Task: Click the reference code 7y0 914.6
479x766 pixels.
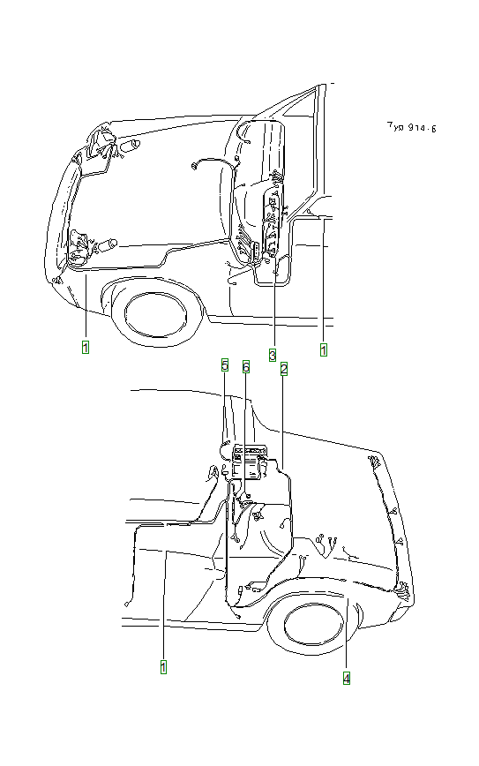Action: pyautogui.click(x=411, y=127)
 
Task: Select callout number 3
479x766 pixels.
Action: pyautogui.click(x=273, y=349)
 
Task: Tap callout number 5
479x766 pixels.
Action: pyautogui.click(x=225, y=364)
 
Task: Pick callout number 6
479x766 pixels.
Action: pyautogui.click(x=246, y=364)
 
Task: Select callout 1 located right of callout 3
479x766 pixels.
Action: pyautogui.click(x=324, y=349)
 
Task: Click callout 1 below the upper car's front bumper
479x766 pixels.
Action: pyautogui.click(x=86, y=347)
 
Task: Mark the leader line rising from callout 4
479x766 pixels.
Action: pyautogui.click(x=347, y=635)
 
